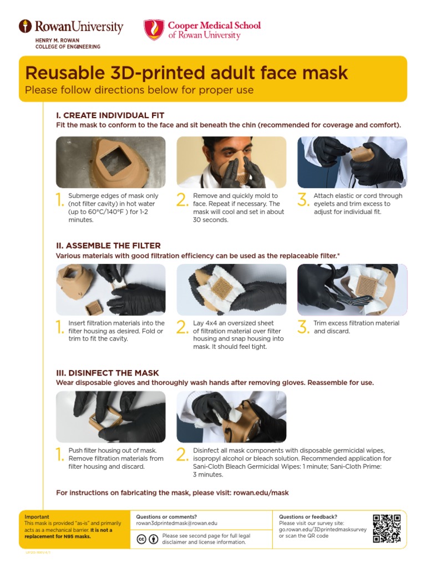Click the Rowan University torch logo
click(x=25, y=26)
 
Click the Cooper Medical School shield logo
click(x=154, y=29)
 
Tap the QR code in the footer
click(x=387, y=529)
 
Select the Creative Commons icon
click(x=141, y=539)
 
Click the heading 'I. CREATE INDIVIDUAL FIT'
click(x=110, y=115)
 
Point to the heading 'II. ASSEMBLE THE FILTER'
click(x=108, y=245)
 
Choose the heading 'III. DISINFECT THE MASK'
click(x=108, y=373)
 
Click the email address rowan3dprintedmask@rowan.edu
click(x=176, y=524)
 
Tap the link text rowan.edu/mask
click(x=261, y=493)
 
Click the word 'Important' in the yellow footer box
click(x=37, y=516)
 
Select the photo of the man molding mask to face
click(x=231, y=161)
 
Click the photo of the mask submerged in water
click(x=110, y=161)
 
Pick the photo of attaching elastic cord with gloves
click(x=352, y=161)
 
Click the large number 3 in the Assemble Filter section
click(x=303, y=328)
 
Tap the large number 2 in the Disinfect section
click(x=182, y=455)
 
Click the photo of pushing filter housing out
click(x=110, y=417)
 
